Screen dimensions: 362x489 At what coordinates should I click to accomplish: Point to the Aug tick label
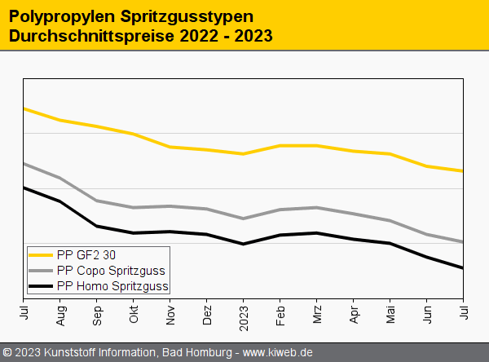click(x=60, y=316)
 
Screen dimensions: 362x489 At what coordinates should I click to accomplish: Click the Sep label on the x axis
click(x=97, y=316)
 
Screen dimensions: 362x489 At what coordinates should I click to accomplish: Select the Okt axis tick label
click(x=134, y=315)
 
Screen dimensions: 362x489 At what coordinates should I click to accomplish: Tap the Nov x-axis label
click(x=170, y=315)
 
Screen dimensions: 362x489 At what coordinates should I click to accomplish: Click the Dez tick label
click(x=207, y=316)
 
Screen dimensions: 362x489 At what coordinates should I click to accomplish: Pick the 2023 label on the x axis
click(x=244, y=317)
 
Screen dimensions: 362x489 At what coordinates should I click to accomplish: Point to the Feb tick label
click(x=280, y=315)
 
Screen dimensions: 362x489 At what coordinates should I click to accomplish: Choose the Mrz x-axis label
click(x=317, y=315)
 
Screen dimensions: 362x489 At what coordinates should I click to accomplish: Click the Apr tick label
click(x=354, y=315)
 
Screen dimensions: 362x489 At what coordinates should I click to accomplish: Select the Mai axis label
click(x=390, y=315)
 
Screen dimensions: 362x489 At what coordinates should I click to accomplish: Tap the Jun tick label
click(x=427, y=315)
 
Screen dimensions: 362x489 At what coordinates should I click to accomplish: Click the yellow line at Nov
click(x=170, y=147)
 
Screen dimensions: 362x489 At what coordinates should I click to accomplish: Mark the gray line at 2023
click(x=244, y=219)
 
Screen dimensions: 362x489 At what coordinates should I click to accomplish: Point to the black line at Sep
click(x=97, y=226)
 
